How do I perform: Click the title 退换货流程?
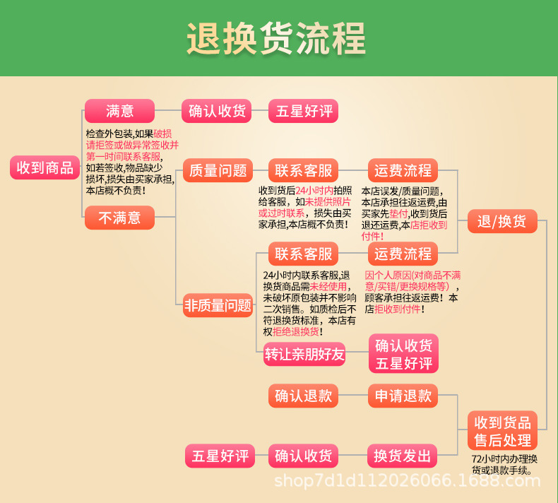[x=276, y=38]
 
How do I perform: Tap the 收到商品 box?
[x=44, y=167]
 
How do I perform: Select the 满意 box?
[x=119, y=111]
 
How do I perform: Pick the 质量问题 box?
[x=218, y=170]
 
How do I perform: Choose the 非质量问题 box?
[x=218, y=306]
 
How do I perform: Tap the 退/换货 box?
[x=501, y=221]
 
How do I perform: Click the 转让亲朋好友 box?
[x=304, y=354]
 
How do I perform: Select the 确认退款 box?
[x=304, y=396]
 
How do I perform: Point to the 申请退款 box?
[x=403, y=396]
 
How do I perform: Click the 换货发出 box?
[x=403, y=456]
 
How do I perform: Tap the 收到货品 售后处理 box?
[x=502, y=431]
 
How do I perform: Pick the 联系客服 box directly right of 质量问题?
[x=304, y=170]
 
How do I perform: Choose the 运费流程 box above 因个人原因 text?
[x=403, y=254]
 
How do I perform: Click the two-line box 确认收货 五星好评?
[x=403, y=354]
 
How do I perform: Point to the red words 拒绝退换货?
[x=292, y=331]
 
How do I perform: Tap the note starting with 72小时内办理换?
[x=504, y=464]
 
